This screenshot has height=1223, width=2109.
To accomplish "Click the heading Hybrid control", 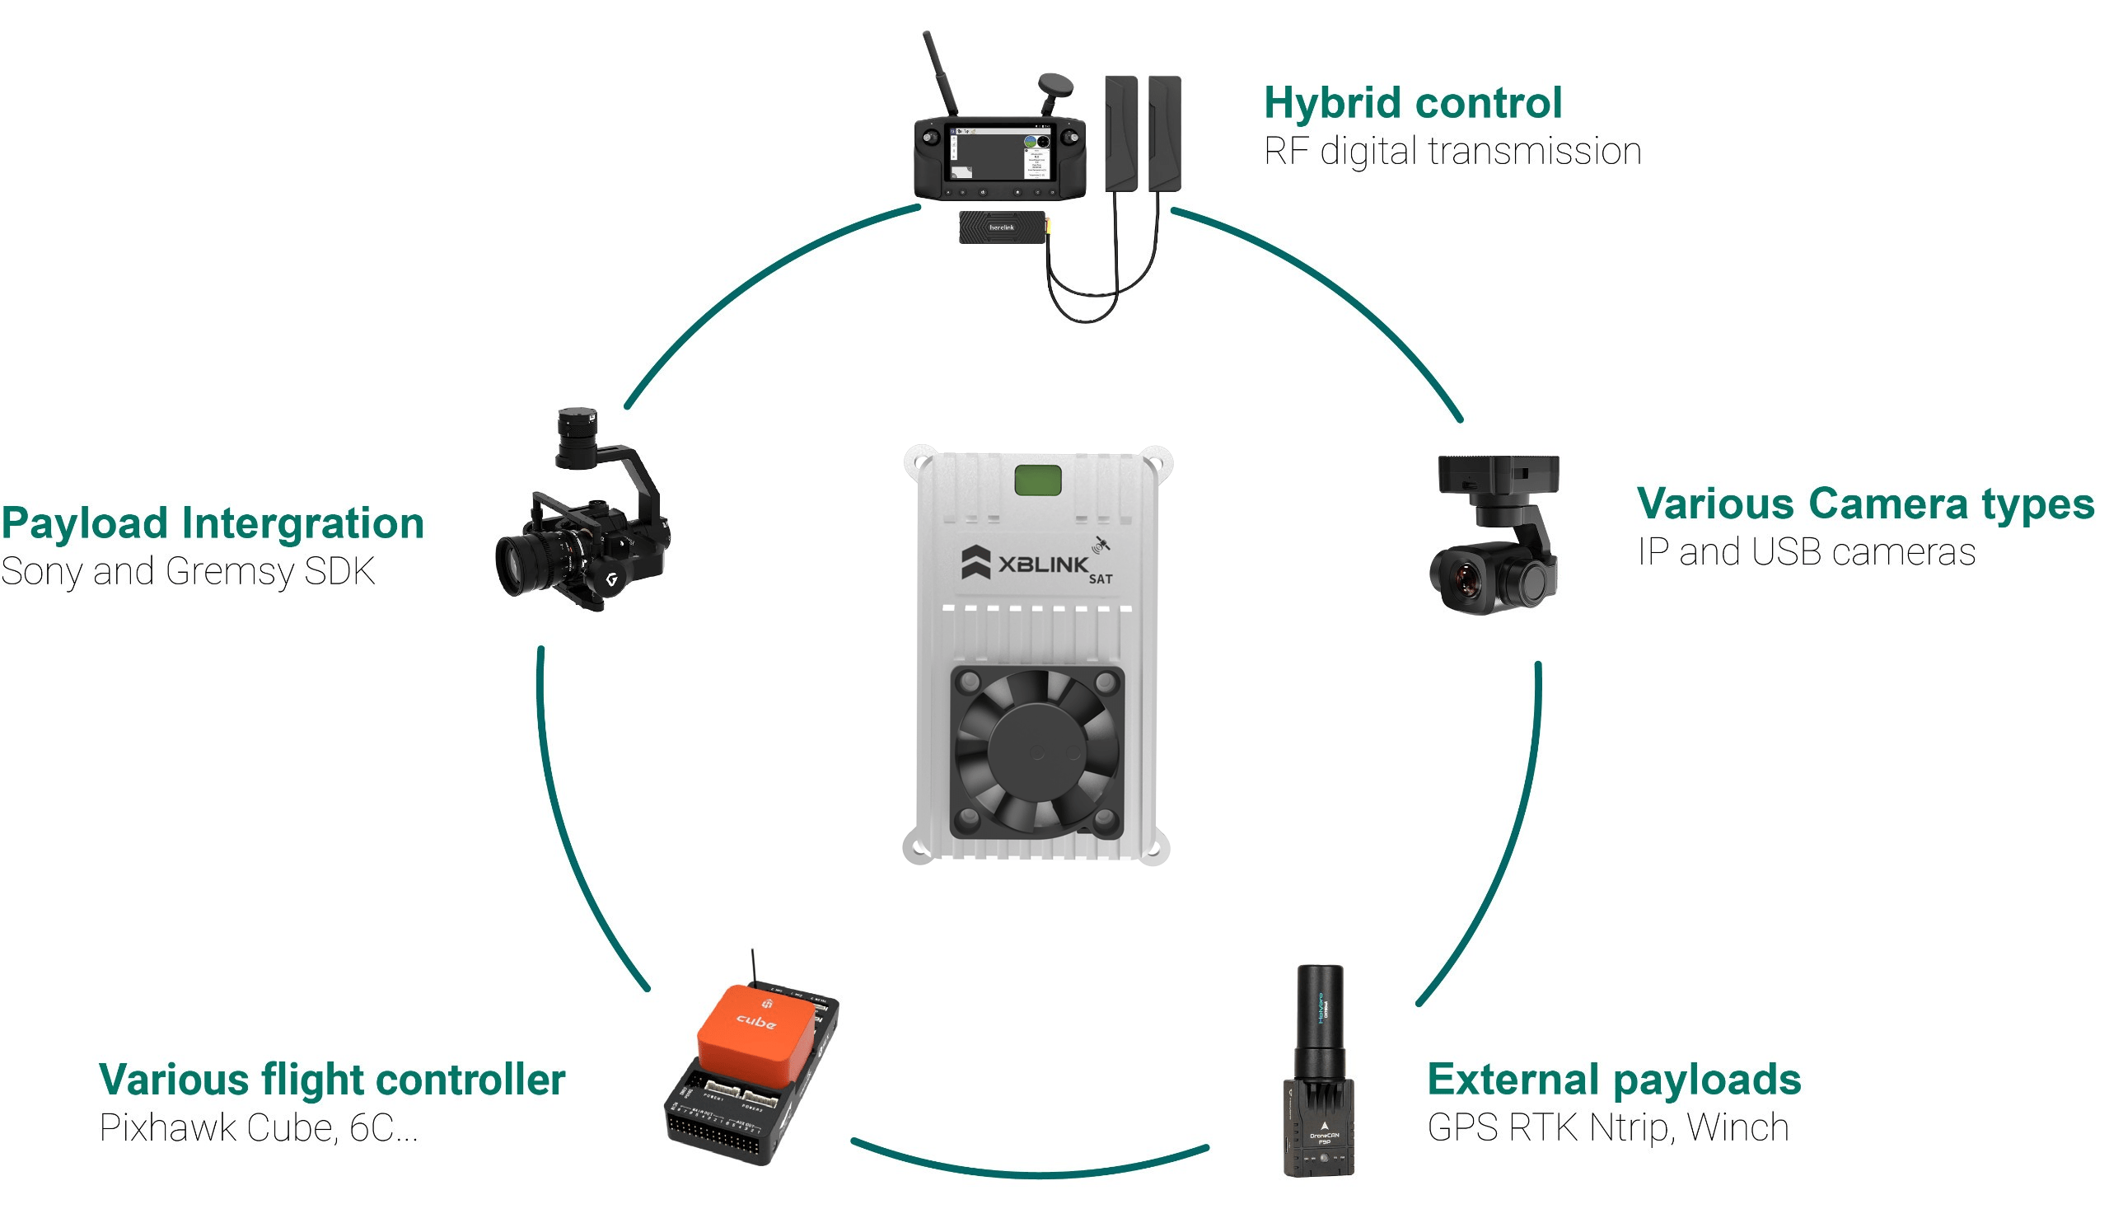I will (x=1413, y=103).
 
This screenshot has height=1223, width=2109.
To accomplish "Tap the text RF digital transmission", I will (x=1452, y=152).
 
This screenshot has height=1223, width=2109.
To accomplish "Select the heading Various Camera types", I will (x=1864, y=504).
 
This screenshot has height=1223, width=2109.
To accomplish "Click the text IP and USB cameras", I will (x=1806, y=551).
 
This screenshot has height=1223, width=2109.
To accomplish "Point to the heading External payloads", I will (x=1614, y=1079).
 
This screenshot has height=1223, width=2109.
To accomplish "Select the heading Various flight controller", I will (x=332, y=1080).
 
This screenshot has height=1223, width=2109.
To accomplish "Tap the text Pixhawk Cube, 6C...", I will (x=247, y=1128).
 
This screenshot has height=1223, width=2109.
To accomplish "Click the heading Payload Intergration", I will (x=213, y=523).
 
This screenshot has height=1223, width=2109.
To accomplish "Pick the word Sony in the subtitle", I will (x=42, y=573).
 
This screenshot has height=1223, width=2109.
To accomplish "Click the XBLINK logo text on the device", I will (x=1043, y=565).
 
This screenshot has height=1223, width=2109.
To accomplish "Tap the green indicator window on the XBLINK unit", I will (x=1038, y=480).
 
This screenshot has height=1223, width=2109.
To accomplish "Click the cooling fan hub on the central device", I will (x=1036, y=750).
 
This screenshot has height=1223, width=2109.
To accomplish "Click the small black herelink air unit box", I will (x=1001, y=227).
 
